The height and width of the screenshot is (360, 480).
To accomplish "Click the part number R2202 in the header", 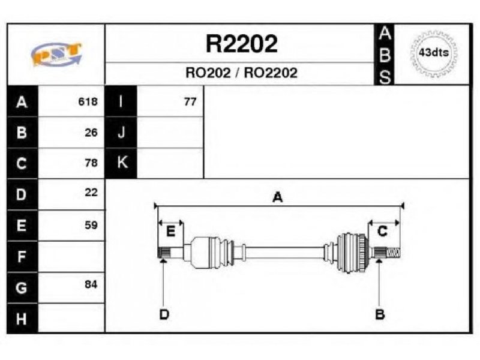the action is tap(242, 44).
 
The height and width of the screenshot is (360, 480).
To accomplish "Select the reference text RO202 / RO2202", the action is tap(241, 73).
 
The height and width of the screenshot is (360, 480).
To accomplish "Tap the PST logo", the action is tap(56, 54).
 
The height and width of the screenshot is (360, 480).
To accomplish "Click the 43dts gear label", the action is tap(433, 53).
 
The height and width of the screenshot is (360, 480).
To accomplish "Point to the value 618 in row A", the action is tap(88, 101).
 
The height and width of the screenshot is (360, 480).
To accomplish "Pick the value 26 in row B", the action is tap(91, 133).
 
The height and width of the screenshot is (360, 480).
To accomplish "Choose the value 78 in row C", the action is tap(91, 163).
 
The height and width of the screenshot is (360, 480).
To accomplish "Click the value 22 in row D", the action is tap(91, 193).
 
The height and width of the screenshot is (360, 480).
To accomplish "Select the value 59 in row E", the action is tap(91, 226).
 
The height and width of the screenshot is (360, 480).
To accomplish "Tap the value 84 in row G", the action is tap(91, 284).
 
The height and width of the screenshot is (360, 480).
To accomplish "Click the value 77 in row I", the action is tap(190, 101).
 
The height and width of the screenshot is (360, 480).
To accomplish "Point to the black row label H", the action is tap(22, 319).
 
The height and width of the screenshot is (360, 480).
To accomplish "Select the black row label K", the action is tap(121, 163).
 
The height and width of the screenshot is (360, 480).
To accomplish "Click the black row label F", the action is tap(22, 257).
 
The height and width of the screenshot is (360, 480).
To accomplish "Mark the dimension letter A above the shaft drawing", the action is tap(277, 197).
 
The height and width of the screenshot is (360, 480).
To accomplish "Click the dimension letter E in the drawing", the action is tap(170, 232).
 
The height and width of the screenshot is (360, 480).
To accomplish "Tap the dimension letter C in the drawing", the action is tap(382, 232).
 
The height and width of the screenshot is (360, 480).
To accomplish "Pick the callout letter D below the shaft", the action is tap(164, 314).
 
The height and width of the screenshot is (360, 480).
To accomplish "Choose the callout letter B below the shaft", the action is tap(380, 314).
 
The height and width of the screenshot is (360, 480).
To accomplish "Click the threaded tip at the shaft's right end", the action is tap(394, 253).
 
